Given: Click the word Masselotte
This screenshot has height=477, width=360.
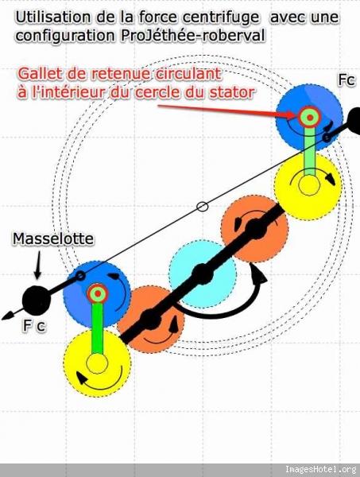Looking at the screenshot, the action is (x=53, y=238).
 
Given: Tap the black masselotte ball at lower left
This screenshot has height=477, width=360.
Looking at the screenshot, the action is (x=37, y=300).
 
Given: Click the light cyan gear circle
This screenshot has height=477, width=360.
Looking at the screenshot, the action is (x=203, y=273).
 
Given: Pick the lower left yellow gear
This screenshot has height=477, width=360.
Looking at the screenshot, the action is (x=97, y=363).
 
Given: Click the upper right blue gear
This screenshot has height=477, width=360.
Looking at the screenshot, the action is (x=309, y=118).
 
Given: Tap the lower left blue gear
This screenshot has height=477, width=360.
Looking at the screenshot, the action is (x=97, y=294).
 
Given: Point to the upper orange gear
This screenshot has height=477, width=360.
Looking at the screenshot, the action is (x=255, y=229).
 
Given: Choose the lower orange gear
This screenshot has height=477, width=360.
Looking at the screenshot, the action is (x=151, y=319).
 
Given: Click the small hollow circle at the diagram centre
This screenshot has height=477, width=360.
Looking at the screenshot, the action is (x=203, y=207).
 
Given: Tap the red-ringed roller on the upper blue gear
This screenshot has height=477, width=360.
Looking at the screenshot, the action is (x=309, y=118).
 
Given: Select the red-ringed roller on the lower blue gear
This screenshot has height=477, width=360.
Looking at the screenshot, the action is (x=98, y=293).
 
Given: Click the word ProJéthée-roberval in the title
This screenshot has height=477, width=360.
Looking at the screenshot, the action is (x=192, y=36).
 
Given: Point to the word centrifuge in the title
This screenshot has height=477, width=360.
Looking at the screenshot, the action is (x=221, y=17).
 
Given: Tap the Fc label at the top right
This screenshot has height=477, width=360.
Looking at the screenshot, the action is (x=346, y=80).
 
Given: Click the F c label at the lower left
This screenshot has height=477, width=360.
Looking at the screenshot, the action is (x=34, y=326).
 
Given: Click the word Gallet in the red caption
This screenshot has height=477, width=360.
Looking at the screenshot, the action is (x=37, y=74).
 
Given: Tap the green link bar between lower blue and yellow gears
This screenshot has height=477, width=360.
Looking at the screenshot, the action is (x=97, y=328).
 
